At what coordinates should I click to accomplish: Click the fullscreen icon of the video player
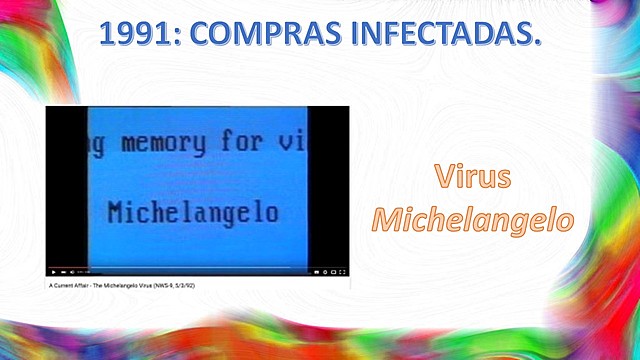[x=343, y=272]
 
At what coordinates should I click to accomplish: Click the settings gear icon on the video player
[x=324, y=272]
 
